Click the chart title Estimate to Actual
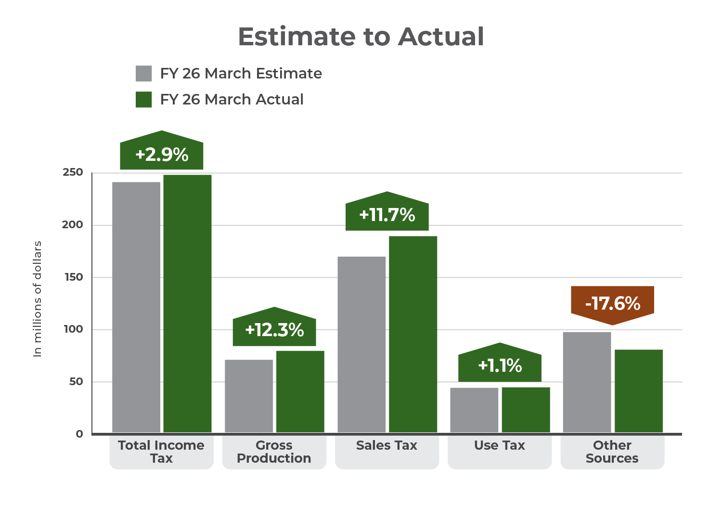361,37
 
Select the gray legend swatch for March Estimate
144,74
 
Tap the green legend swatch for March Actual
144,100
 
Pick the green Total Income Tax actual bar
187,303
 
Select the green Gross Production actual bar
300,391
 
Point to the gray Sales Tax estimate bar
361,344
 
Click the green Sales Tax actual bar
413,334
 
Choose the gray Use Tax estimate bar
474,410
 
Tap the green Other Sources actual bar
638,391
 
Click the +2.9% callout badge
162,155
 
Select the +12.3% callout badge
274,330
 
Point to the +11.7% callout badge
387,215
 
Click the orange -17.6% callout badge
612,303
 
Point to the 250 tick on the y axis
73,172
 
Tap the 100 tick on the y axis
73,329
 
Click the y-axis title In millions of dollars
38,299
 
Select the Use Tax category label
500,446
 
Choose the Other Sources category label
612,452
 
